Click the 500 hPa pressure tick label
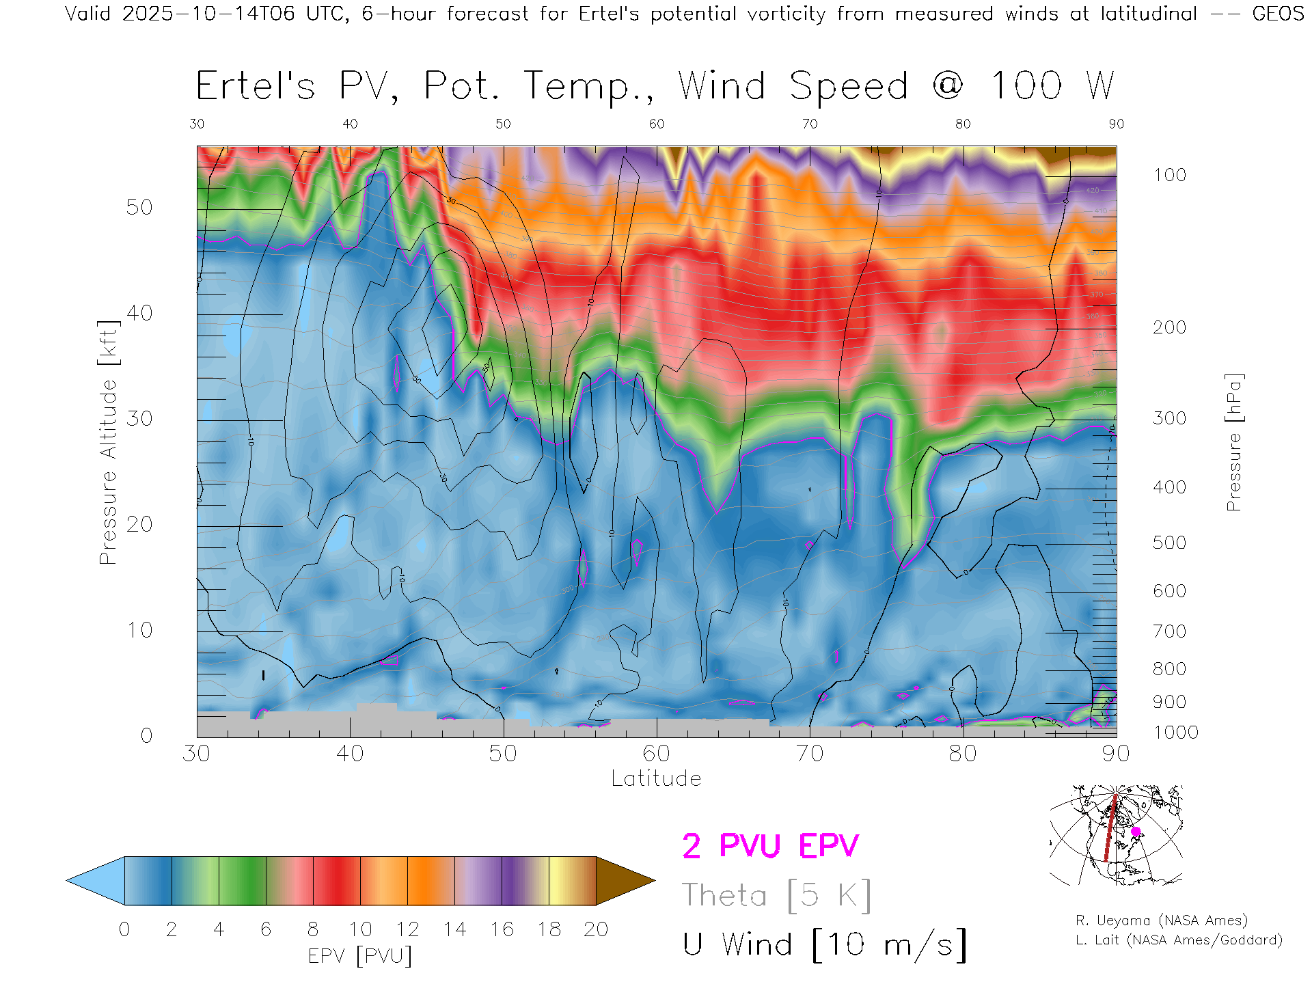tap(1169, 543)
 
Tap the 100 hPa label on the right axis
tap(1169, 175)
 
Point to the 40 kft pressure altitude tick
tap(139, 313)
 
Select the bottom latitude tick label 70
tap(810, 753)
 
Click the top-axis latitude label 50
tap(503, 124)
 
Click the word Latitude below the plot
tap(656, 778)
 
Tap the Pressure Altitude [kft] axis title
tap(108, 442)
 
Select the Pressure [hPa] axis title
tap(1233, 442)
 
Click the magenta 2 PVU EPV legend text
tap(770, 846)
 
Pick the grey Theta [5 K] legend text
tap(776, 895)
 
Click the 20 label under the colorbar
tap(596, 929)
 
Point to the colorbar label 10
tap(360, 929)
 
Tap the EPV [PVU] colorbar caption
tap(360, 956)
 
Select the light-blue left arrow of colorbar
tap(96, 881)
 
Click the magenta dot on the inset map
tap(1136, 832)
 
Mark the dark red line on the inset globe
tap(1110, 830)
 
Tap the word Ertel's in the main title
tap(256, 86)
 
